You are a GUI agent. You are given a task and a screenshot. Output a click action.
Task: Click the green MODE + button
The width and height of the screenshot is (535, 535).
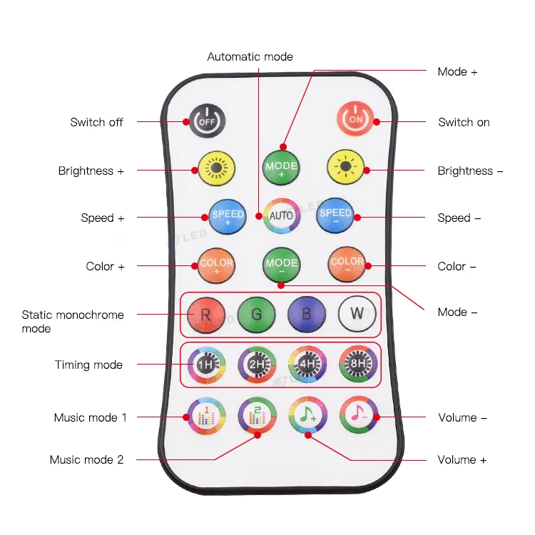(x=281, y=168)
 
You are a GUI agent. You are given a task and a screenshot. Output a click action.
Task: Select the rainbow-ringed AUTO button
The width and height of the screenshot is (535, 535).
(x=281, y=216)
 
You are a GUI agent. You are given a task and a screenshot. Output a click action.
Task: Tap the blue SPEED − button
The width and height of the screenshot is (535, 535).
(x=335, y=216)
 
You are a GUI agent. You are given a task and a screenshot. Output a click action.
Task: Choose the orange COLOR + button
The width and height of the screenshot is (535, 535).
(x=216, y=265)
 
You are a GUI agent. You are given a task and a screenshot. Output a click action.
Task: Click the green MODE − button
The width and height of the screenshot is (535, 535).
(x=281, y=265)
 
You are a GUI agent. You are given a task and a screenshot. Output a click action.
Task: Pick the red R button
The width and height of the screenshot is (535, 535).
(x=206, y=313)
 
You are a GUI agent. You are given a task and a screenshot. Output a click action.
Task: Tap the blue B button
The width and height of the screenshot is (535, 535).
(x=307, y=313)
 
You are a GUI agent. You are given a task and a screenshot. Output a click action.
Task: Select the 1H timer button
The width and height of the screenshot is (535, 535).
(x=206, y=365)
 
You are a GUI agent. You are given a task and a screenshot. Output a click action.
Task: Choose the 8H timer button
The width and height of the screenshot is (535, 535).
(x=357, y=365)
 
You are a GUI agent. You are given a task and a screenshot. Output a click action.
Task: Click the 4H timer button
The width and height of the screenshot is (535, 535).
(x=307, y=365)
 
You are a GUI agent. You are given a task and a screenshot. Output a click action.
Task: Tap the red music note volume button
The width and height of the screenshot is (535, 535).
(x=357, y=414)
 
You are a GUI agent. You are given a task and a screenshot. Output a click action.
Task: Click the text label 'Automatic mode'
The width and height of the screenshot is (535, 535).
(x=250, y=56)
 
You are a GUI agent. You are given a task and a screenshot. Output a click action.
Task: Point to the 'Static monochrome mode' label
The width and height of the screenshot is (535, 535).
(x=72, y=321)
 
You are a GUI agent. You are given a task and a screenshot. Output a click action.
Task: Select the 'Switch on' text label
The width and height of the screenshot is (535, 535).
(x=464, y=122)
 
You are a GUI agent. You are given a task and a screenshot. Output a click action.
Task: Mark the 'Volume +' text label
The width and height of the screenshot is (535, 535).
(x=462, y=459)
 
